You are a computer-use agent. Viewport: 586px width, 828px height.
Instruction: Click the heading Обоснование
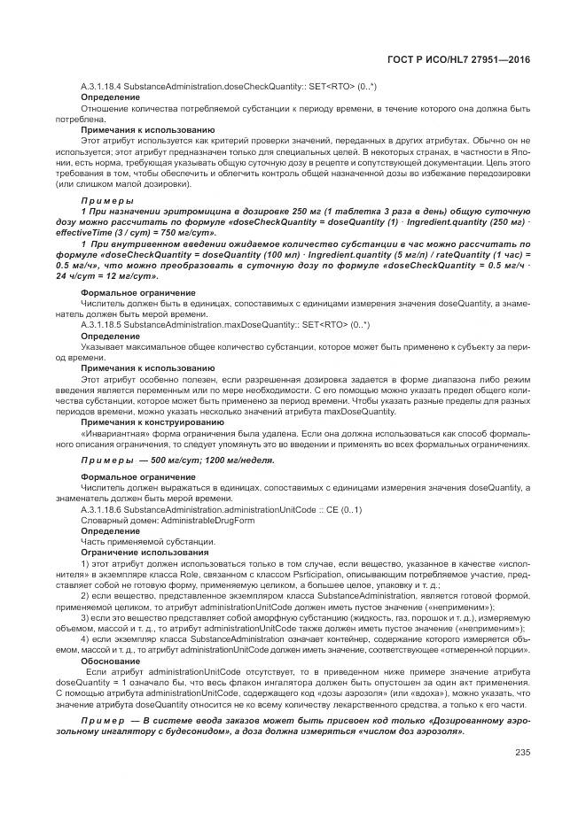point(109,661)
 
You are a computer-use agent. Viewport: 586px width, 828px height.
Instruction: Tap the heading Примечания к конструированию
point(140,423)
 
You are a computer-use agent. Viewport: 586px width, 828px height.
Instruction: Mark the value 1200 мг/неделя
point(241,460)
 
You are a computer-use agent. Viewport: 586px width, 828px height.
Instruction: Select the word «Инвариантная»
point(110,434)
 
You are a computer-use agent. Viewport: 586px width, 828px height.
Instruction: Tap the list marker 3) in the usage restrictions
point(85,620)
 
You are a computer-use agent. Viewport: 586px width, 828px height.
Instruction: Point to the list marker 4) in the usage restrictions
point(85,640)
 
